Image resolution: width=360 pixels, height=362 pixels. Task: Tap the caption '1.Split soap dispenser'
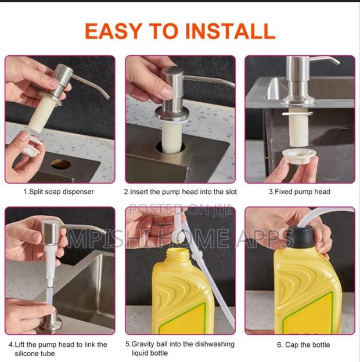click(58, 191)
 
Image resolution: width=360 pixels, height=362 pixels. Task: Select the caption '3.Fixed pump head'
click(299, 191)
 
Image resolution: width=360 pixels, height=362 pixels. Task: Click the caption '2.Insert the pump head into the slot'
click(180, 191)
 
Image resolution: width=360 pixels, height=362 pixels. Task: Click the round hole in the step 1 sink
click(60, 164)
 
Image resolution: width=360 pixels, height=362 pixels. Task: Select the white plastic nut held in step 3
click(298, 155)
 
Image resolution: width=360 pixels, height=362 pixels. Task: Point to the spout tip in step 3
click(337, 63)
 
